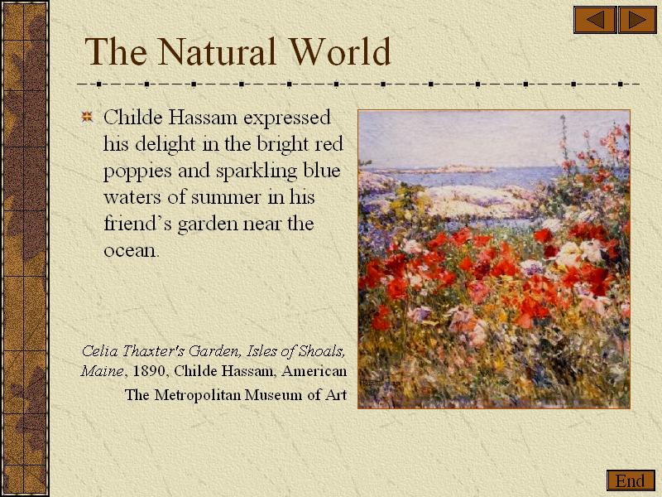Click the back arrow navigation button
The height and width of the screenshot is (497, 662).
pyautogui.click(x=595, y=19)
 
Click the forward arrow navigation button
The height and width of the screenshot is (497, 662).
pyautogui.click(x=637, y=19)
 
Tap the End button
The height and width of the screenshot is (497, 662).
pyautogui.click(x=631, y=480)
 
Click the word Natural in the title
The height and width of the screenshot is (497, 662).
pyautogui.click(x=217, y=51)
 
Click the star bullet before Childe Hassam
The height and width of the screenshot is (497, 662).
pyautogui.click(x=87, y=117)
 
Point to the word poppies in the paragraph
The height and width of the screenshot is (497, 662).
pyautogui.click(x=137, y=171)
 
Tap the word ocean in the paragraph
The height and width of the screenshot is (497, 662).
pyautogui.click(x=130, y=250)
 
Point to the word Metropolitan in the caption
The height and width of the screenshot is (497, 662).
pyautogui.click(x=198, y=395)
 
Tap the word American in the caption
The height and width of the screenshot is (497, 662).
pyautogui.click(x=314, y=371)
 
